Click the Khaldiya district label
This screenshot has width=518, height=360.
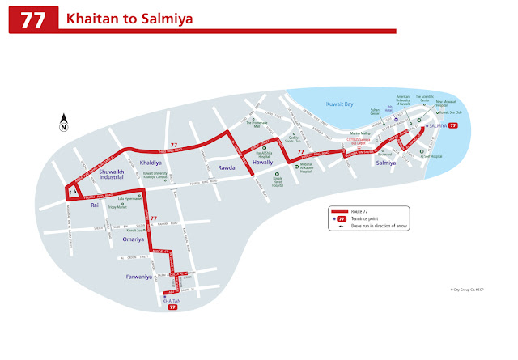tap(151, 162)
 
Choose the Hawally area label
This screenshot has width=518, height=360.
tap(263, 162)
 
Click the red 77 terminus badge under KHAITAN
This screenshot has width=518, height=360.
tap(172, 308)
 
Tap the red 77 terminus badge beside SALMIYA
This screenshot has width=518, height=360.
tap(453, 126)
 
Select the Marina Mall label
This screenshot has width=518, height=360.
tap(359, 133)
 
